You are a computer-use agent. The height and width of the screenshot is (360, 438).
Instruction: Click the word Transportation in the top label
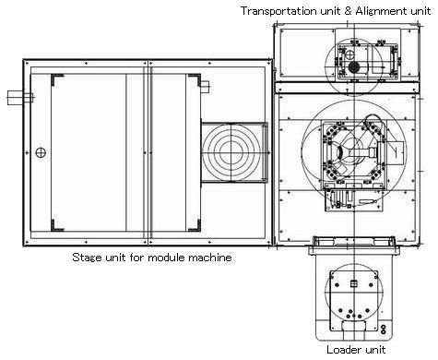[x=279, y=11]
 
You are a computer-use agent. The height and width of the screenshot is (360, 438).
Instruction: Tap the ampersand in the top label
[x=348, y=11]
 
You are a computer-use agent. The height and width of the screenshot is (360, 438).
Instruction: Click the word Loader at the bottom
[x=341, y=350]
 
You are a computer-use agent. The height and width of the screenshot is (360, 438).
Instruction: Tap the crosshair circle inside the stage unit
[x=41, y=152]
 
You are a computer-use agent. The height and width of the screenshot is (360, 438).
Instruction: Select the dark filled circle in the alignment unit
[x=354, y=66]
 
